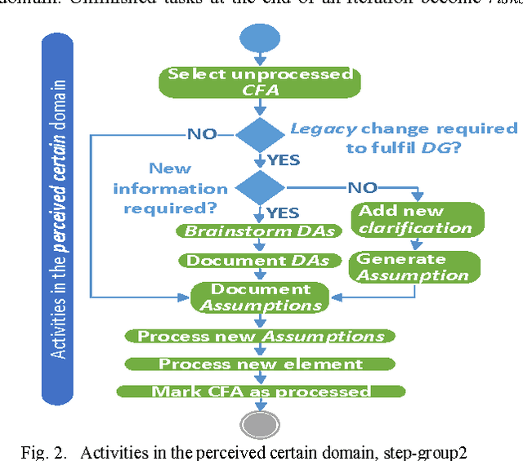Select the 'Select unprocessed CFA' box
click(x=259, y=81)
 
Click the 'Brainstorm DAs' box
click(x=259, y=231)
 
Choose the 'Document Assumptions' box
click(x=260, y=298)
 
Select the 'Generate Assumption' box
click(x=416, y=267)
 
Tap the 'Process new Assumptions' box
click(x=260, y=336)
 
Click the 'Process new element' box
click(x=260, y=364)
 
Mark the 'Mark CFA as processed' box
click(x=260, y=392)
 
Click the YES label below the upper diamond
click(x=284, y=159)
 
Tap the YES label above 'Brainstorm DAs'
click(x=283, y=213)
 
